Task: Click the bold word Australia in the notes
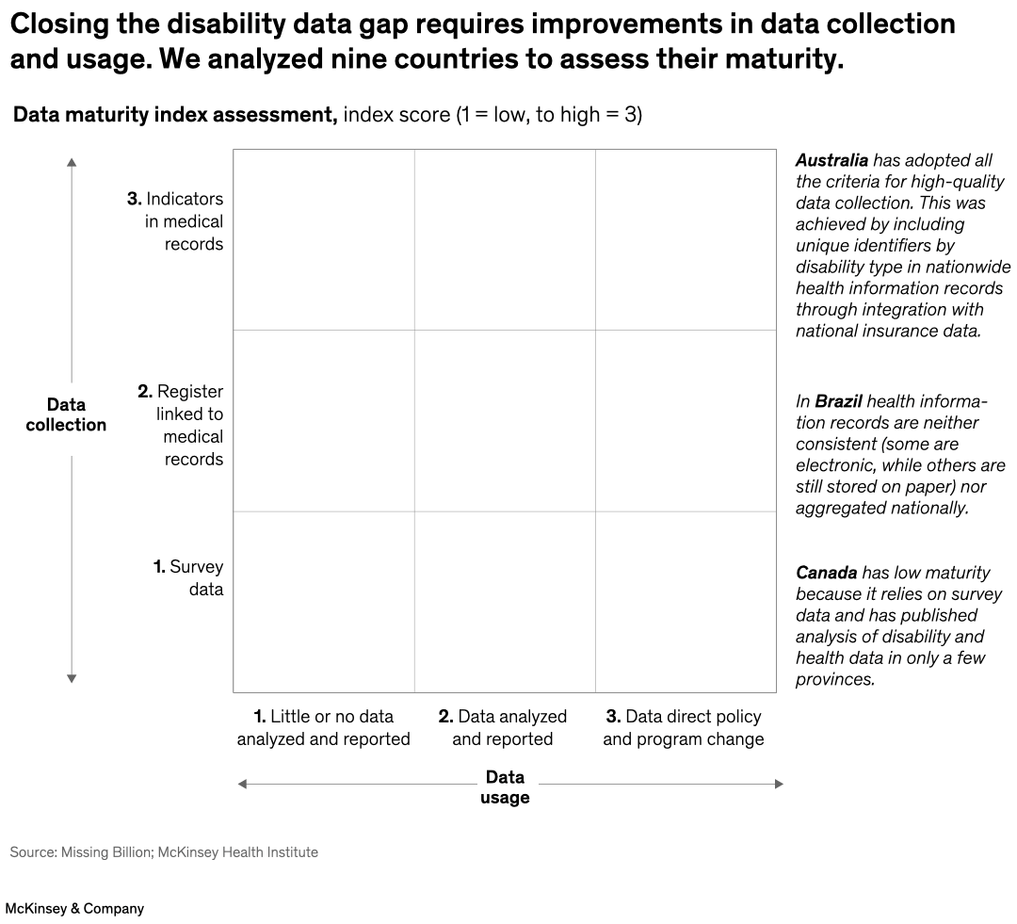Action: point(831,160)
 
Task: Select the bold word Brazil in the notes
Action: point(838,401)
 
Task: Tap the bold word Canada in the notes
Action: point(826,573)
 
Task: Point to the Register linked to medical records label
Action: point(181,425)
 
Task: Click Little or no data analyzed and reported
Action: point(323,728)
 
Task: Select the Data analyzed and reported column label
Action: point(503,728)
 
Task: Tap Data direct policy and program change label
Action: point(684,728)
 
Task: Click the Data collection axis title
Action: point(66,414)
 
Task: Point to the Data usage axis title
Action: point(505,787)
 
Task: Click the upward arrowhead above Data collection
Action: point(72,163)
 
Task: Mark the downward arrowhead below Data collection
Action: point(72,678)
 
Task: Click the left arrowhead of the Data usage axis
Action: point(242,784)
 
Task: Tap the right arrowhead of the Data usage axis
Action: point(779,784)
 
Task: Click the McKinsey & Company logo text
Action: point(74,909)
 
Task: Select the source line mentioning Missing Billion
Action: point(164,852)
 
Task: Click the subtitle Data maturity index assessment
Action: point(174,116)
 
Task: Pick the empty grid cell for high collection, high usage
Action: point(685,239)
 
